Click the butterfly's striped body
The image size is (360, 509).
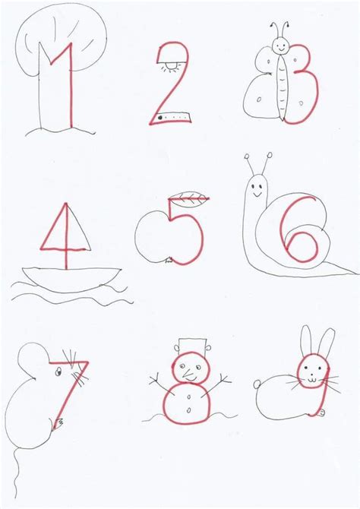286,87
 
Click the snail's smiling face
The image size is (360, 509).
257,186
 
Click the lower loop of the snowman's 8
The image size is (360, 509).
185,400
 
